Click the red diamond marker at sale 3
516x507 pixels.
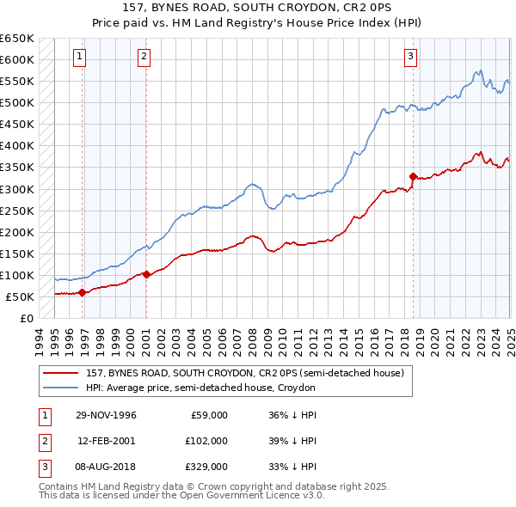coord(414,176)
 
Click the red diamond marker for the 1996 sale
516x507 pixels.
coord(83,292)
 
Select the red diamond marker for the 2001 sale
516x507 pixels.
coord(146,274)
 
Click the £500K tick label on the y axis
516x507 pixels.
coord(16,103)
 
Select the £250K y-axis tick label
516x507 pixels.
coord(16,211)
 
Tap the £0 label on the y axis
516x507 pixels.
coord(25,319)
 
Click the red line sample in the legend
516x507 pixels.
coord(61,373)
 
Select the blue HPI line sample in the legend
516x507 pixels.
coord(61,388)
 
